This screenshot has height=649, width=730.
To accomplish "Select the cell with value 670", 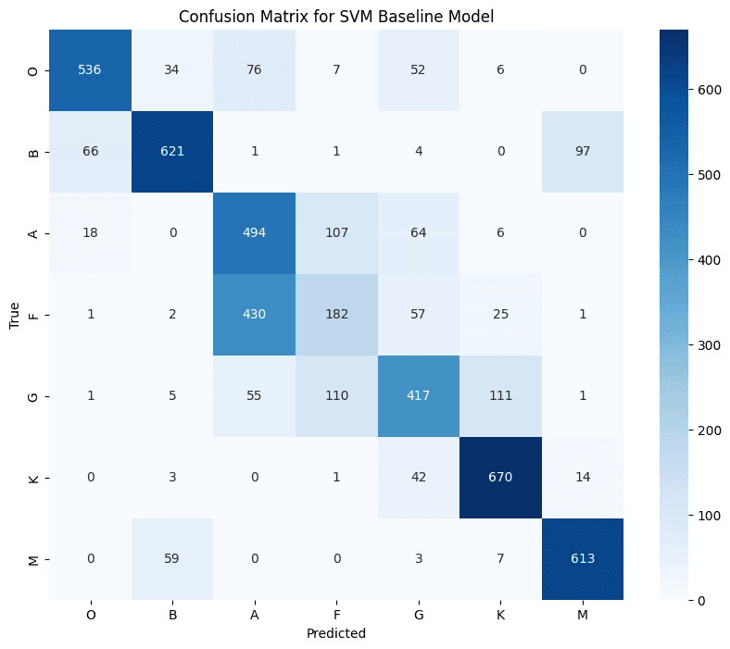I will pyautogui.click(x=500, y=478).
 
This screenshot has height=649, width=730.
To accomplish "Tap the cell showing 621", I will pyautogui.click(x=171, y=152).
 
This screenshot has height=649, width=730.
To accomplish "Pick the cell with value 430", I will pyautogui.click(x=254, y=315).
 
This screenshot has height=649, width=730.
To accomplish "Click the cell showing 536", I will pyautogui.click(x=90, y=70).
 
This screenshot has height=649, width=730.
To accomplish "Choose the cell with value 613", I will pyautogui.click(x=582, y=559).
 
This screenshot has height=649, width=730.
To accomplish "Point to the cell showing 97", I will pyautogui.click(x=582, y=152).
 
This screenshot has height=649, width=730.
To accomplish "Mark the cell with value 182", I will pyautogui.click(x=336, y=315).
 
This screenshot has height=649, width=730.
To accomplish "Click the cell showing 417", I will pyautogui.click(x=418, y=396).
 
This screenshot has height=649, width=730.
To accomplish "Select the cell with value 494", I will pyautogui.click(x=254, y=233).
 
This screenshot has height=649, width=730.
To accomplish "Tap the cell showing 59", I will pyautogui.click(x=171, y=559).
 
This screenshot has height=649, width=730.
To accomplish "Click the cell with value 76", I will pyautogui.click(x=254, y=70).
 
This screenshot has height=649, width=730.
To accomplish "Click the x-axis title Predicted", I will pyautogui.click(x=336, y=634).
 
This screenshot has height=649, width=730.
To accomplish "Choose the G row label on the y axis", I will pyautogui.click(x=33, y=396).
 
